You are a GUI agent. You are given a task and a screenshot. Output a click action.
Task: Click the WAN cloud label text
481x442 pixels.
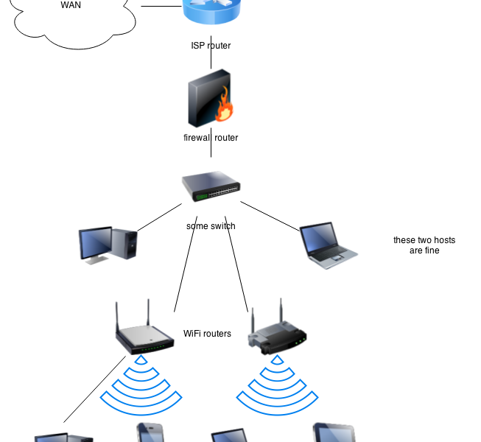[x=71, y=5]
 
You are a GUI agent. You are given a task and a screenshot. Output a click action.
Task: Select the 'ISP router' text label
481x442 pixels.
[x=211, y=46]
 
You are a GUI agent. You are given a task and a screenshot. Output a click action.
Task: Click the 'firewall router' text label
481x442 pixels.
[x=211, y=138]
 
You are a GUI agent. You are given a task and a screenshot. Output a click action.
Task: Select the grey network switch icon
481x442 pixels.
[x=211, y=186]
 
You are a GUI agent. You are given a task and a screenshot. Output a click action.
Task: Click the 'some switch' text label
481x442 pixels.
[x=211, y=226]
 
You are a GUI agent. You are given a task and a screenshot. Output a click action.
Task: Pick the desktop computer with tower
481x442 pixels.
[x=108, y=245]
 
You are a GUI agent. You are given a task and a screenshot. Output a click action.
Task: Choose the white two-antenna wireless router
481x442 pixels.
[x=144, y=335]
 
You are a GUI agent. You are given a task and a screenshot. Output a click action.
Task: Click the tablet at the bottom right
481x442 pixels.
[x=334, y=433]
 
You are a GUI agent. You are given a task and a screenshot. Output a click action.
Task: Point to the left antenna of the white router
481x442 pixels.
[x=118, y=317]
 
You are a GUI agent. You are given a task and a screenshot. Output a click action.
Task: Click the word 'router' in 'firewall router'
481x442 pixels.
[x=226, y=138]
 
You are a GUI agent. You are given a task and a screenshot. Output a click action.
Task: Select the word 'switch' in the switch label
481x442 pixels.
[x=222, y=226]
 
